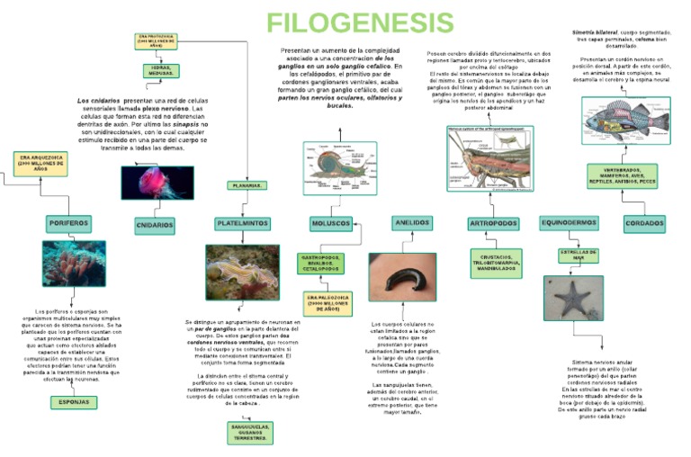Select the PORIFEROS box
coord(69,223)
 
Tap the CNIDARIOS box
coord(155,225)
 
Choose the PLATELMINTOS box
coord(242,223)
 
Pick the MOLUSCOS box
coord(331,223)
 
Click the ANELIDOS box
coord(412,222)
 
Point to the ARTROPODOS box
coord(493,223)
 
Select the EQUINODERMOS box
coord(569,222)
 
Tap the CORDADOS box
coord(644,224)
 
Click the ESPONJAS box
coord(74,402)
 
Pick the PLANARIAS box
coord(246,185)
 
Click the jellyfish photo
coord(157,183)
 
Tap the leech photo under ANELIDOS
coord(401,276)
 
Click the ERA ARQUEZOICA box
coord(40,164)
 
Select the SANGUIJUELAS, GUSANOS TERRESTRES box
coord(249,432)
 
